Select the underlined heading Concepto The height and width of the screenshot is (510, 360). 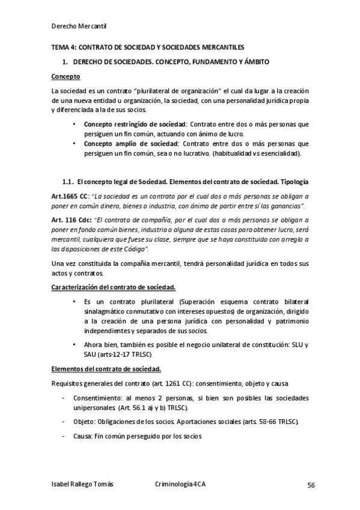[66, 77]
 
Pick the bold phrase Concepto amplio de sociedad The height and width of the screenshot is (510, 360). [120, 144]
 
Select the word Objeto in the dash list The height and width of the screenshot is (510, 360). [85, 422]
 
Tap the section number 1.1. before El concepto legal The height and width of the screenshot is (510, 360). [68, 182]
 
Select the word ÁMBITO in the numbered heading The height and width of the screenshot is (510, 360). [255, 62]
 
